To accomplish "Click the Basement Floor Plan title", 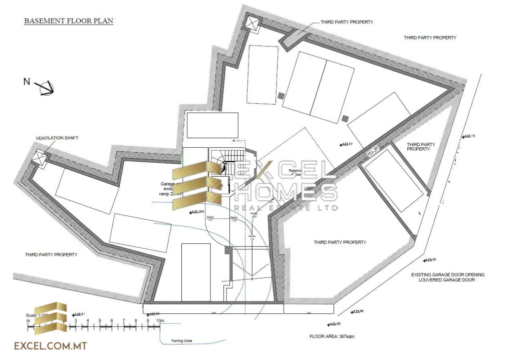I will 69,22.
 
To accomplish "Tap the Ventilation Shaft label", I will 57,138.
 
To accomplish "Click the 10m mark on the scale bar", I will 159,320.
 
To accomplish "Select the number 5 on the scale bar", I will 100,320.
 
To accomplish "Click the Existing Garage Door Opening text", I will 447,275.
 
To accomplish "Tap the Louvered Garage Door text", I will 447,280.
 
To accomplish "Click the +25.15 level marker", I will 469,136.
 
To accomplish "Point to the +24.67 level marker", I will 348,144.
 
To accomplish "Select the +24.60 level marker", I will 430,259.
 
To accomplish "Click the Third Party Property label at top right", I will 430,38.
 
